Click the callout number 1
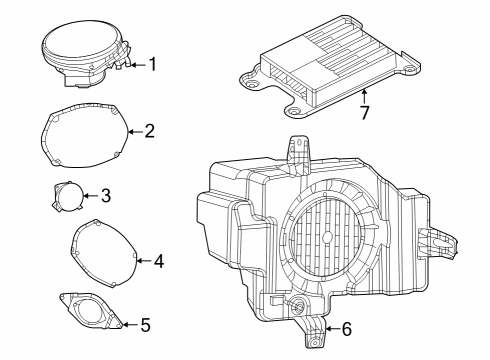[x=152, y=65]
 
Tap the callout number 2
[x=149, y=130]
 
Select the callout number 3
[x=105, y=195]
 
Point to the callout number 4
[x=158, y=261]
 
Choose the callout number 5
[x=145, y=324]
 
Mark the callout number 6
[x=346, y=328]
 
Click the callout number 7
[x=364, y=112]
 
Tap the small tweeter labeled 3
[x=67, y=194]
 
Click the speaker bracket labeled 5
[x=94, y=311]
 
